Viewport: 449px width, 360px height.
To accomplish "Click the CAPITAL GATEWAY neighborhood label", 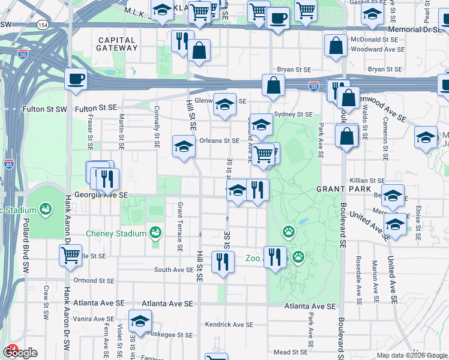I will pos(116,44).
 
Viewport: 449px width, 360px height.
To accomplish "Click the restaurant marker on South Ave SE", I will pos(223,261).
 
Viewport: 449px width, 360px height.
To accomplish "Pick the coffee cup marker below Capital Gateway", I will pos(76,79).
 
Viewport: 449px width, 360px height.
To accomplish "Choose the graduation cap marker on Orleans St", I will pos(184,145).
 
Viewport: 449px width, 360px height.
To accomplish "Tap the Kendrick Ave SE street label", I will pos(229,325).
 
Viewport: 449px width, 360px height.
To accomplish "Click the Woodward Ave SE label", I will pos(378,49).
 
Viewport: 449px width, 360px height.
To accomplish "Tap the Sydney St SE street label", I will pos(293,114).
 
